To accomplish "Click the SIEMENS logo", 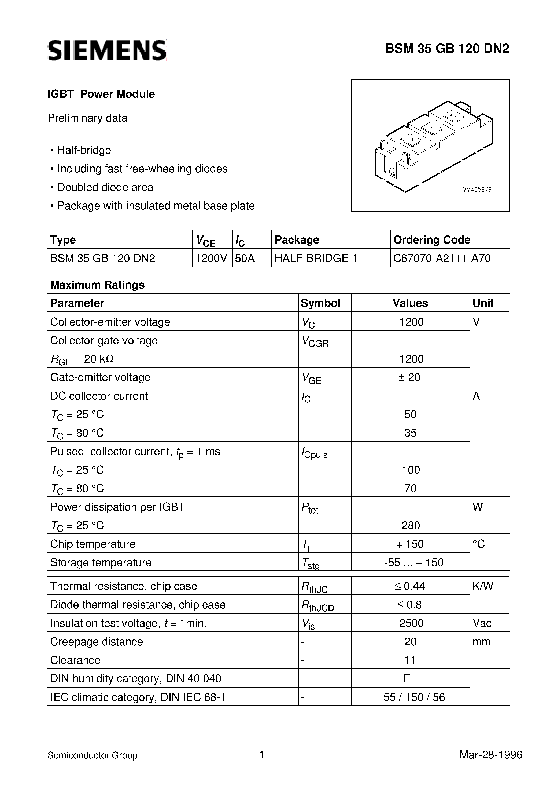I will (107, 50).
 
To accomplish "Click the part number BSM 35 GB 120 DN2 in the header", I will (447, 49).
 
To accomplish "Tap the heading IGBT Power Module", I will (101, 94).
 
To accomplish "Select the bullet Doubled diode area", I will (105, 187).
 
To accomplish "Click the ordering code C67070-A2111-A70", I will (442, 258).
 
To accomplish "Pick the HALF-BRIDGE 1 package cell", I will (316, 258).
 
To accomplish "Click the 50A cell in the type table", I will (245, 258).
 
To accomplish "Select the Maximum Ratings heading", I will (97, 285).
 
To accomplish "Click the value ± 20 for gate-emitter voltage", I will (409, 377).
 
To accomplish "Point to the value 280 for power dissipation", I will (411, 525).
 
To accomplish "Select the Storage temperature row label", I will (101, 562).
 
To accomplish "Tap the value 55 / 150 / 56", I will (414, 697).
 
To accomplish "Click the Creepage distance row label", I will (97, 641).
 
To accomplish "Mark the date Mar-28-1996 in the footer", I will (490, 755).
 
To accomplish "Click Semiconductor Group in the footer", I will (93, 755).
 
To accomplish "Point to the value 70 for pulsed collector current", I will (410, 488).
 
